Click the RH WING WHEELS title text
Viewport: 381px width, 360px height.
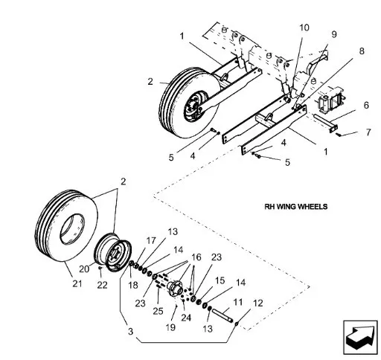coord(296,207)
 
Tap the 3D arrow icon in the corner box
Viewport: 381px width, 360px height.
coord(360,338)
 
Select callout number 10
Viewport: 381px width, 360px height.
coord(304,28)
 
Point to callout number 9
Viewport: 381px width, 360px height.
coord(334,34)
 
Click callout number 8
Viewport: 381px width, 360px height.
coord(362,51)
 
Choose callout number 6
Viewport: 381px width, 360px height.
coord(366,105)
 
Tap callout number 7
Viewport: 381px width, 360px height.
coord(368,132)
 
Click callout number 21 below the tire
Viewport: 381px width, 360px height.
coord(77,283)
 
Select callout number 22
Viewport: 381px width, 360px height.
coord(102,285)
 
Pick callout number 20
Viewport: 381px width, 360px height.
coord(84,269)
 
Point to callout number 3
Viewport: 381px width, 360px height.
coord(130,332)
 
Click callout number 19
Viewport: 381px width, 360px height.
coord(170,327)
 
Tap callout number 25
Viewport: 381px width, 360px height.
coord(158,311)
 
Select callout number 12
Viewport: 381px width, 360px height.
coord(258,303)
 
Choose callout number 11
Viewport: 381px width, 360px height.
coord(237,302)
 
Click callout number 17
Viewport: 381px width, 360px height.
coord(151,240)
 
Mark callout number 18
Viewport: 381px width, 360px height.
coord(133,285)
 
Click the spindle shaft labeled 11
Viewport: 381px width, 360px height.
coord(222,315)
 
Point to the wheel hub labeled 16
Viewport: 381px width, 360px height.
coord(175,288)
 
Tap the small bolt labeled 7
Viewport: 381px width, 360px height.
coord(339,135)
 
